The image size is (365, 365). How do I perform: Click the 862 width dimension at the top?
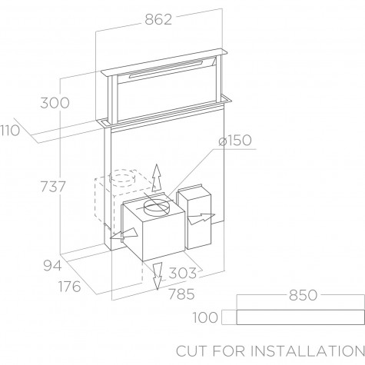pyautogui.click(x=158, y=19)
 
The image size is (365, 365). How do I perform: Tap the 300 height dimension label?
pyautogui.click(x=55, y=103)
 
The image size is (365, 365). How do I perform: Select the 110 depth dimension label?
pyautogui.click(x=10, y=131)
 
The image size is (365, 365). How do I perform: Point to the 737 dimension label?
pyautogui.click(x=53, y=187)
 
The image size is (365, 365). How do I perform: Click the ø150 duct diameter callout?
pyautogui.click(x=235, y=141)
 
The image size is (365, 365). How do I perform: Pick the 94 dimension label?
pyautogui.click(x=52, y=266)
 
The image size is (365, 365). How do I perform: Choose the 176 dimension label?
pyautogui.click(x=70, y=287)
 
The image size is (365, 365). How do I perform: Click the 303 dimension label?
pyautogui.click(x=183, y=273)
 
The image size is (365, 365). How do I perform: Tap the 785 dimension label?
pyautogui.click(x=181, y=294)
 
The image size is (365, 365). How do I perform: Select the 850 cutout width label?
pyautogui.click(x=303, y=295)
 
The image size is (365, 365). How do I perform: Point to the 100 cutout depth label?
pyautogui.click(x=205, y=317)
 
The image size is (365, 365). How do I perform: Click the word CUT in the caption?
pyautogui.click(x=191, y=351)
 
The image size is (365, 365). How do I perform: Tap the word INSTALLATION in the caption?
pyautogui.click(x=307, y=351)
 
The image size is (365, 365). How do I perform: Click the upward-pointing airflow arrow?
pyautogui.click(x=157, y=178)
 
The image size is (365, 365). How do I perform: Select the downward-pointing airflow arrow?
pyautogui.click(x=157, y=276)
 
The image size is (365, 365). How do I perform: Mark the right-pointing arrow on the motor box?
pyautogui.click(x=201, y=218)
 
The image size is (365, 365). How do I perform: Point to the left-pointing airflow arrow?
pyautogui.click(x=124, y=234)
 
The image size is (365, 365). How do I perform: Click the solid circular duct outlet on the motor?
pyautogui.click(x=156, y=207)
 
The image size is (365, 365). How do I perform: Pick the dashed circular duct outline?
pyautogui.click(x=122, y=177)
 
